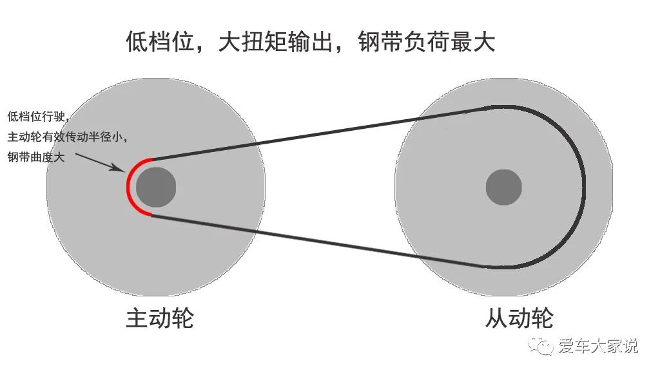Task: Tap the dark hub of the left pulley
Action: [155, 187]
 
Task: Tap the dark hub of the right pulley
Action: [503, 187]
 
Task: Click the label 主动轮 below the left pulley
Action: [159, 319]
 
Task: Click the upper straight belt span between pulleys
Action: [316, 133]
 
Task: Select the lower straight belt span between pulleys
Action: [316, 240]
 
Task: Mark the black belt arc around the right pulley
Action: [583, 187]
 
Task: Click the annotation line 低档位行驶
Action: [37, 117]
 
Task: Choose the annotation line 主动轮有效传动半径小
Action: [68, 137]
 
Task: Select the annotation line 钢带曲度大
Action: [36, 157]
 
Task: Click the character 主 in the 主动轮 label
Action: [137, 319]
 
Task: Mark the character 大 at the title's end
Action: [483, 43]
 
